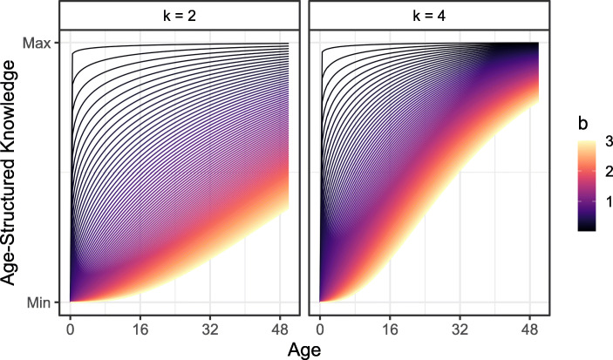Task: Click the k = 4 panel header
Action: coord(430,16)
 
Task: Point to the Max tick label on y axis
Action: coord(42,44)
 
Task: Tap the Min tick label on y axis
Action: coord(44,302)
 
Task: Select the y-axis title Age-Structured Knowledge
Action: coord(13,173)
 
